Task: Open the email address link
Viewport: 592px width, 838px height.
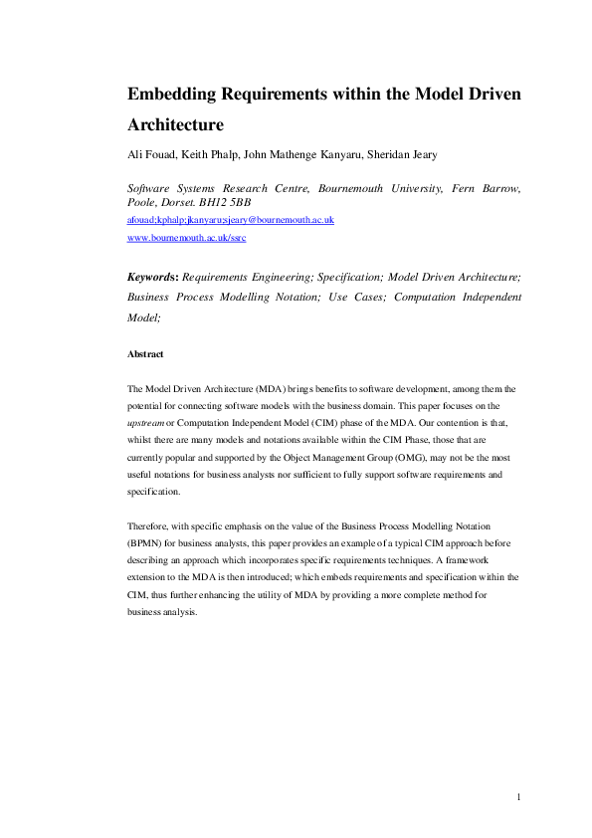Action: [x=231, y=220]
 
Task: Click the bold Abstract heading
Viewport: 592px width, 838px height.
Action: [x=145, y=353]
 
